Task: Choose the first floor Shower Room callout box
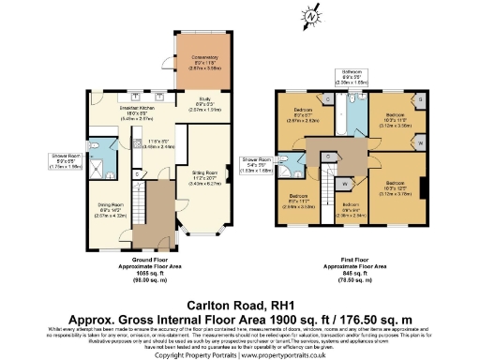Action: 256,165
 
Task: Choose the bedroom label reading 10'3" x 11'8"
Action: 398,119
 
